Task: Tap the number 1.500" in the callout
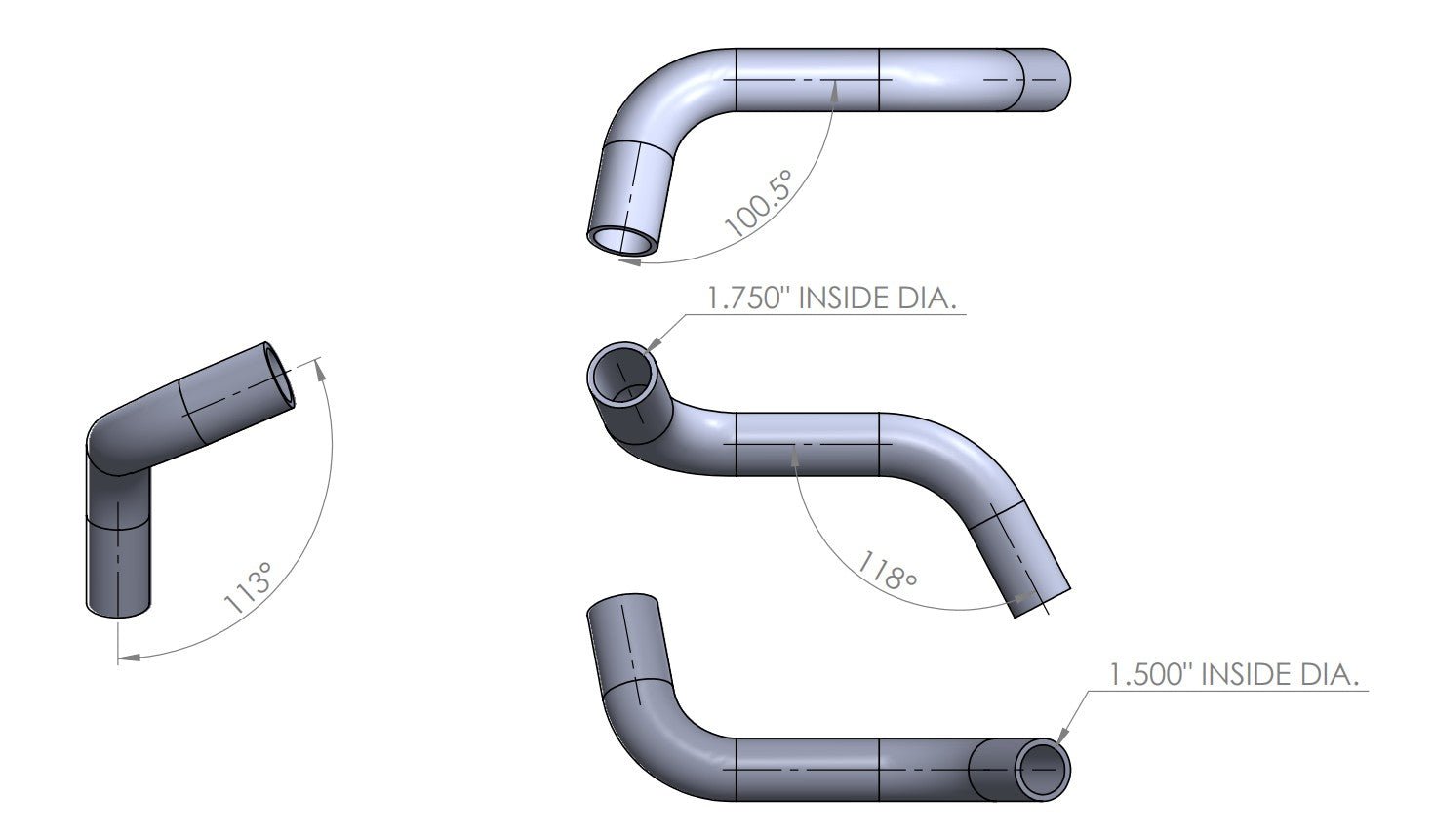point(1151,674)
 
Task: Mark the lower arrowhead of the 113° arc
point(132,658)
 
